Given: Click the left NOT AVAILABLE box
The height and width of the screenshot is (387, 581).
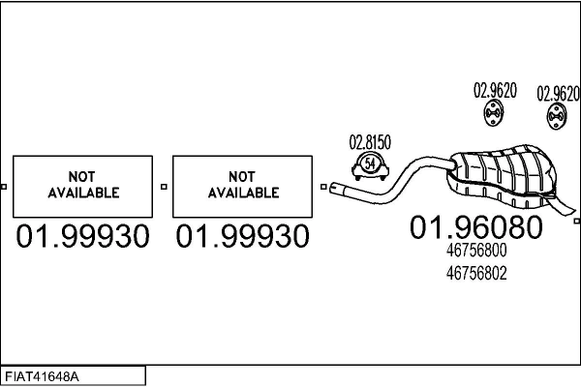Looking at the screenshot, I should coord(82,185).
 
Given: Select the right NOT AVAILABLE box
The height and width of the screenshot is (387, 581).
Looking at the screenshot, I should coord(243,185).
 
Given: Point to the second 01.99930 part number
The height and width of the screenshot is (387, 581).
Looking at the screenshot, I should coord(243,236).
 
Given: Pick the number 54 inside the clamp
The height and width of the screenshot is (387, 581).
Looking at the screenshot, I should coord(369,164).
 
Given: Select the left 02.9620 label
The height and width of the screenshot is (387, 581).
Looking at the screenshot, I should coord(494,91).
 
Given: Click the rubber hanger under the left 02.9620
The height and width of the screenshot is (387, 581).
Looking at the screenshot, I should coord(493,117).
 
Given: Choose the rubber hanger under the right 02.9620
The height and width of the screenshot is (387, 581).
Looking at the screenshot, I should coord(557,118).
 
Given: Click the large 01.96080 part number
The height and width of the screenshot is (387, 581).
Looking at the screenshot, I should coord(476,228).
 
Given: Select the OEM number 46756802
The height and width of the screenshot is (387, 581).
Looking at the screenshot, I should coord(476,274).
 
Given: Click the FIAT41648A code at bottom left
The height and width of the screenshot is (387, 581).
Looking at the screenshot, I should coord(44,375).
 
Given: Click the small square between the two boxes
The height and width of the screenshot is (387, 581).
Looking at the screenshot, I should coord(163,187).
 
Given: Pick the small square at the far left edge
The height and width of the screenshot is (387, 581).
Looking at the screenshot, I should coord(3,187).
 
